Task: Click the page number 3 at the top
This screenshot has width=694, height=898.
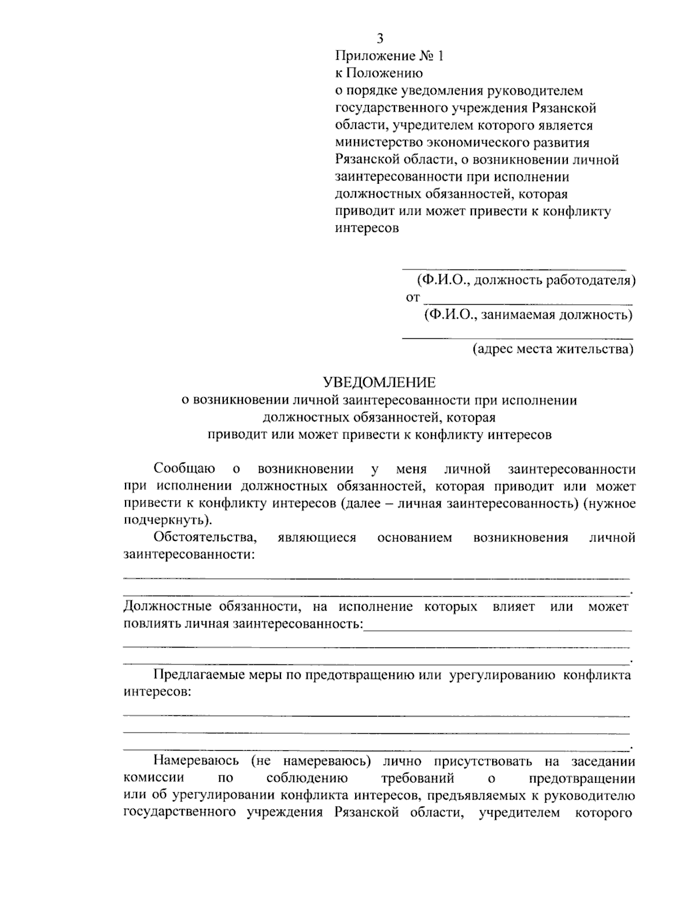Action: tap(380, 39)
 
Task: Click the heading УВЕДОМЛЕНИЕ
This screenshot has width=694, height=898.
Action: tap(379, 382)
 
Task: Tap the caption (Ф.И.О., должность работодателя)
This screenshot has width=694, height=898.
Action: tap(526, 281)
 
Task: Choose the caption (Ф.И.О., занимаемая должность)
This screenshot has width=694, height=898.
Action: tap(527, 315)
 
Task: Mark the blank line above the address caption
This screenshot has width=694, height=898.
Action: tap(517, 337)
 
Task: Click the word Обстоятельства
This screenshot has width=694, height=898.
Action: tap(205, 538)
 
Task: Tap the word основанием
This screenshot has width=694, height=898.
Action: tap(414, 538)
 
